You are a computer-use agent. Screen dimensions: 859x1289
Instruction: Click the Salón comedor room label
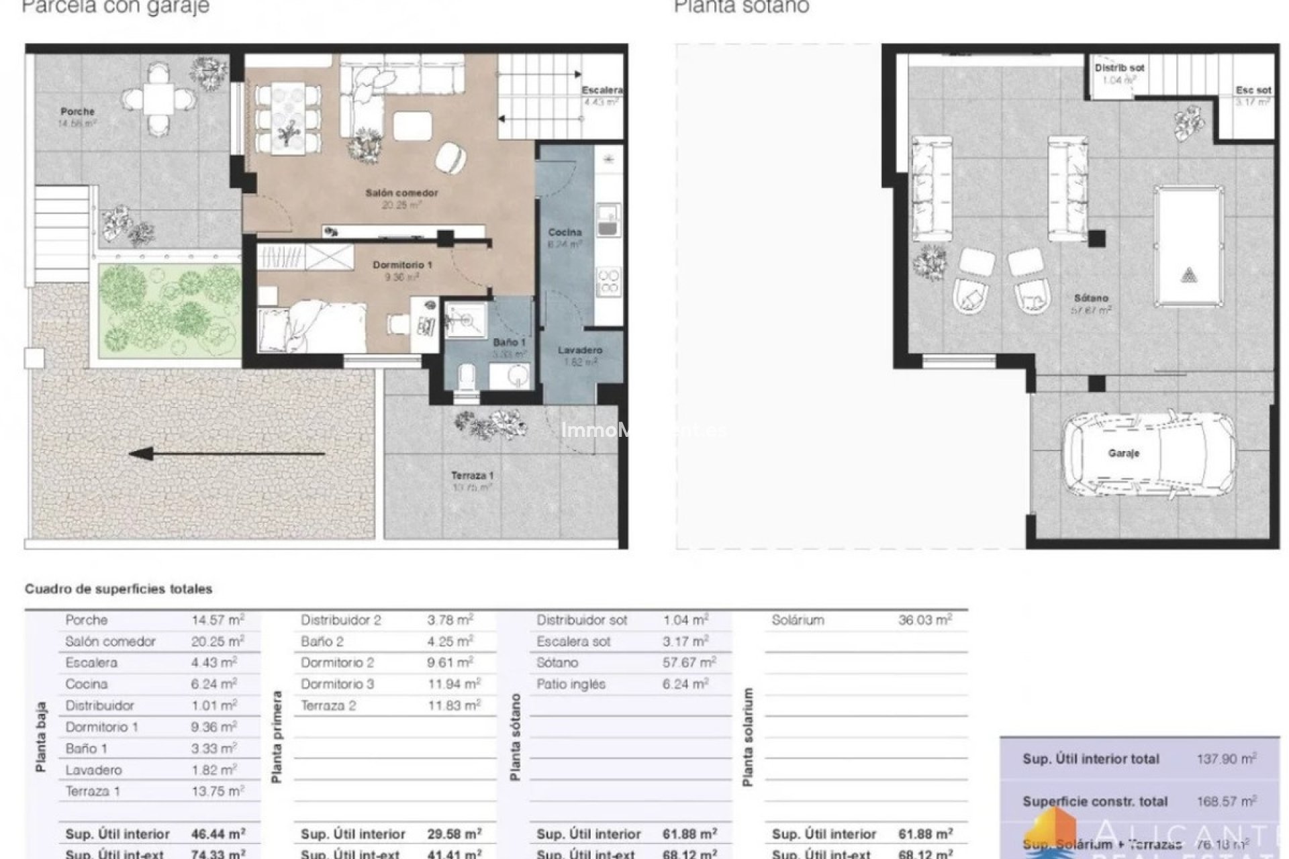click(401, 193)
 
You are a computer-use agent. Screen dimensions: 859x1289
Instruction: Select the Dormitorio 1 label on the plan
click(402, 265)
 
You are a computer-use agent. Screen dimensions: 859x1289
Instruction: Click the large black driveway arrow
click(227, 454)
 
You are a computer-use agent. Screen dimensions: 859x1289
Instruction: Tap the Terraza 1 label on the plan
click(472, 476)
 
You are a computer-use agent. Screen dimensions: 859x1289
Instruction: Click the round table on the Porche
click(159, 99)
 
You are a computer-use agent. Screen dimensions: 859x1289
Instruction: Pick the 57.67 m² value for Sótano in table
click(689, 663)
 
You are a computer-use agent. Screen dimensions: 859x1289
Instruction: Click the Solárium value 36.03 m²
click(924, 620)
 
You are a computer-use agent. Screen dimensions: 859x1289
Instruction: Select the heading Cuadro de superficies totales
click(118, 589)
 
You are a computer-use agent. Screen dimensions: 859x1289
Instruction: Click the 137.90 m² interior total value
click(1226, 759)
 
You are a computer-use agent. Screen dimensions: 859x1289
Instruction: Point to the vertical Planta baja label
click(41, 737)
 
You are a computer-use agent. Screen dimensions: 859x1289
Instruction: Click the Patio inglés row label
click(571, 685)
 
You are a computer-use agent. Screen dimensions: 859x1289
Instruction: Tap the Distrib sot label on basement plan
click(1119, 68)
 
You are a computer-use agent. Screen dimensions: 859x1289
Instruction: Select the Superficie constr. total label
click(1095, 802)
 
